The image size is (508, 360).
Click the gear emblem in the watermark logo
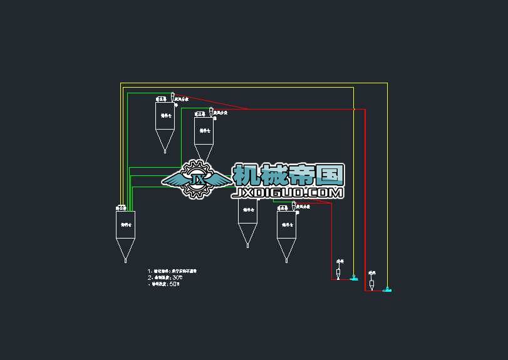tap(198, 179)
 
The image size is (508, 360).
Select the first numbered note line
tap(172, 271)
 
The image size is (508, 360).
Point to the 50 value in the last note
tap(174, 284)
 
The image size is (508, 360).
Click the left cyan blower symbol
tap(354, 278)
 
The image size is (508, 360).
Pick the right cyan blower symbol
tap(387, 290)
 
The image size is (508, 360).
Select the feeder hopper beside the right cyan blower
tap(372, 284)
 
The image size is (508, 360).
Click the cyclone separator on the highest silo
tap(172, 96)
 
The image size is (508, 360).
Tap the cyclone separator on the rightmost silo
tap(293, 205)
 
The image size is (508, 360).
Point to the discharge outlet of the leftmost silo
tap(125, 259)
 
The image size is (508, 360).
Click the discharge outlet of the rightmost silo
tap(286, 259)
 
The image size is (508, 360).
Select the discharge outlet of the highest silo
tap(165, 150)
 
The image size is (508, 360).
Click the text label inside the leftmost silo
tap(125, 224)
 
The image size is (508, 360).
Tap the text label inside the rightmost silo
tap(286, 224)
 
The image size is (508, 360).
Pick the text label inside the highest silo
tap(165, 115)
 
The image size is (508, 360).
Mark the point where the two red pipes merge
tap(248, 109)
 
